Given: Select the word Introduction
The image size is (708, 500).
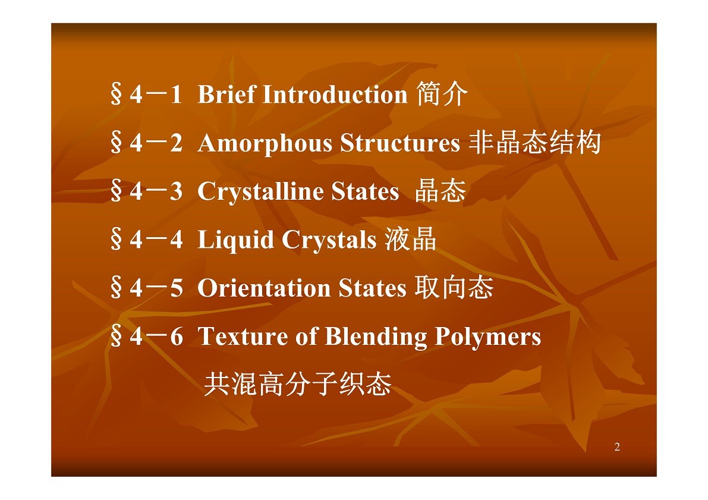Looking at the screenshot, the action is [335, 95].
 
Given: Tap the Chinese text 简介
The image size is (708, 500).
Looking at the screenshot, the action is [442, 94].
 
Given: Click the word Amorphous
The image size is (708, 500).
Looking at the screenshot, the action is [265, 144].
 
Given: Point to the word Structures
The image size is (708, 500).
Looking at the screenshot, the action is [400, 143].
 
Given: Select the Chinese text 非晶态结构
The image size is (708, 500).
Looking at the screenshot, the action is [534, 142].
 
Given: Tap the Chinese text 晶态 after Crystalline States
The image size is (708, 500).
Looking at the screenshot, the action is [440, 191].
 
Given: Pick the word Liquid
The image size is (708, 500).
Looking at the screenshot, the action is [235, 240].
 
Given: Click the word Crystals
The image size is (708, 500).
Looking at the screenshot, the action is [329, 240].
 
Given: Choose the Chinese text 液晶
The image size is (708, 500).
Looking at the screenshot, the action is [410, 239].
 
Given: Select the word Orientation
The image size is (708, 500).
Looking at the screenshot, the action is [264, 288].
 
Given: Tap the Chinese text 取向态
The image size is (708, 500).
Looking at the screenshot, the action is [454, 287].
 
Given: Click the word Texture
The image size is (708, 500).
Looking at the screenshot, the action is [243, 337].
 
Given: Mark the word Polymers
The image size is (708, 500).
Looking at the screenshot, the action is [488, 337].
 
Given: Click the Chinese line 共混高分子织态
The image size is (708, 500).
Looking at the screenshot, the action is [298, 384].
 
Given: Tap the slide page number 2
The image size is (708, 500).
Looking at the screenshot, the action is [617, 446].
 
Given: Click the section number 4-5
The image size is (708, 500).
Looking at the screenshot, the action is [156, 288].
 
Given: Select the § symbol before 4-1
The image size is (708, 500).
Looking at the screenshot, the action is [117, 95].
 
